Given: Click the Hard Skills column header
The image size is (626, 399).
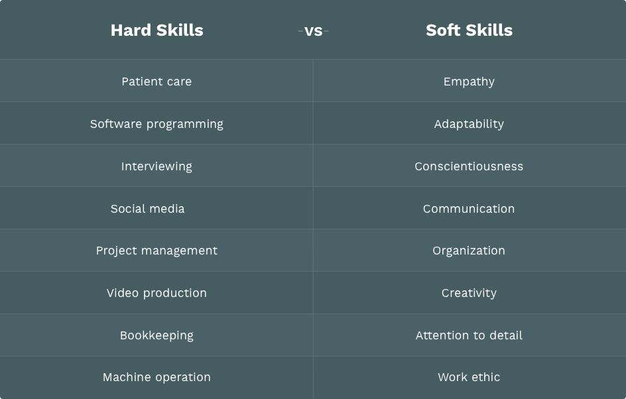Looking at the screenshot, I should (x=156, y=30).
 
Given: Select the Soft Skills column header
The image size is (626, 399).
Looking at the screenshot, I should (x=469, y=30).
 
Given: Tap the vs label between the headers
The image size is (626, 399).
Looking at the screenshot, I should (x=313, y=30).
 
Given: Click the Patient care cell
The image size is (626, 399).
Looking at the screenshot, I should (x=156, y=82).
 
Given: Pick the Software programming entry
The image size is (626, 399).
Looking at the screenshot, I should (x=156, y=124).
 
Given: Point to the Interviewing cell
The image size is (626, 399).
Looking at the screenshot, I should (x=156, y=166).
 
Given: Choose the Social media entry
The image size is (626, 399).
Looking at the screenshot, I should (x=148, y=209).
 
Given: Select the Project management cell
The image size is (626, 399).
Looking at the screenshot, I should (x=156, y=251).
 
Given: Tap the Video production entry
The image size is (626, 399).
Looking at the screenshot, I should (x=156, y=293).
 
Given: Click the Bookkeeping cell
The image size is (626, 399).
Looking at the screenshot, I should (x=156, y=335).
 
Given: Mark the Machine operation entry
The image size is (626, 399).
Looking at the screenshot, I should (x=156, y=377).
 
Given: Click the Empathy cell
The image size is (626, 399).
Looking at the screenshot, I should (x=469, y=82).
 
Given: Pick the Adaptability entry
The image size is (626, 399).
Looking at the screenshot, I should (x=469, y=124).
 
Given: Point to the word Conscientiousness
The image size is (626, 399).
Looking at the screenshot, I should (x=469, y=166).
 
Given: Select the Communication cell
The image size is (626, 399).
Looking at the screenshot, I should (x=469, y=209).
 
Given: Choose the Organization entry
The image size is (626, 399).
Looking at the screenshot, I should (x=469, y=251).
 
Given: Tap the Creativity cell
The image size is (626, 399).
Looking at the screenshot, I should (x=469, y=293).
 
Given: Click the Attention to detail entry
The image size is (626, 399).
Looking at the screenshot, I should (x=469, y=335).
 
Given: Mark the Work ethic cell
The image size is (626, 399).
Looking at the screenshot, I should (x=469, y=377).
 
